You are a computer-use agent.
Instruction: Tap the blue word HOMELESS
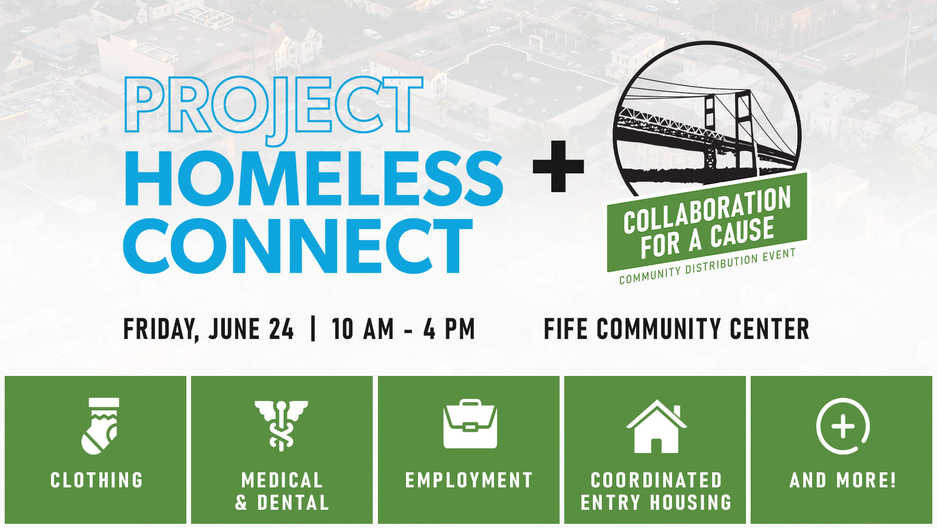point(313,179)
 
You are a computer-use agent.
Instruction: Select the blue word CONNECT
point(298,245)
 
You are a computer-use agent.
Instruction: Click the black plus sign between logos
point(558,166)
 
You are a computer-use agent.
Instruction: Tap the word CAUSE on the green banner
point(742,233)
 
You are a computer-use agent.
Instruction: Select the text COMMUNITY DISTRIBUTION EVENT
point(707,266)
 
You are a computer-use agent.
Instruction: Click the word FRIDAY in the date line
point(161,330)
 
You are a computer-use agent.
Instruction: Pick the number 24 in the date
point(281,329)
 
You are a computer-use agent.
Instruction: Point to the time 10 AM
point(363,329)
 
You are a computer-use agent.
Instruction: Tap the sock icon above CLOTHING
point(100,426)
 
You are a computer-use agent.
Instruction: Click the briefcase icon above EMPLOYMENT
point(470,424)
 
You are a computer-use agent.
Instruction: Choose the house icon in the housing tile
point(656,426)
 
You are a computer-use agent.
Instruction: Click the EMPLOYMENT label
point(469,480)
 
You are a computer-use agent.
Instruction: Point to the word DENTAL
point(293,502)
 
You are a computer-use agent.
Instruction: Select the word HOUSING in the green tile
point(691,502)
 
